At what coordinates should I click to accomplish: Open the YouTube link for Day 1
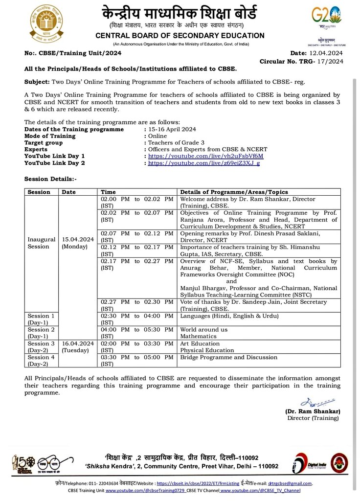pyautogui.click(x=205, y=156)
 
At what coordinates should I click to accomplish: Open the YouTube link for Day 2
pyautogui.click(x=203, y=163)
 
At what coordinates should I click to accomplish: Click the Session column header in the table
pyautogui.click(x=39, y=192)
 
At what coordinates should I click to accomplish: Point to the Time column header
pyautogui.click(x=108, y=192)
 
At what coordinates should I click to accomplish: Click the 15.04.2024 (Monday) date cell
pyautogui.click(x=77, y=243)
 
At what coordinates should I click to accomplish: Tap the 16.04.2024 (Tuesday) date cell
pyautogui.click(x=77, y=347)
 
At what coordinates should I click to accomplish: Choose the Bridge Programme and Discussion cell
pyautogui.click(x=228, y=358)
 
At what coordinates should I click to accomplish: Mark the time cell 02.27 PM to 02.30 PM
pyautogui.click(x=137, y=305)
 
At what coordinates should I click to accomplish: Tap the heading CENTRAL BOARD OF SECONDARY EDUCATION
pyautogui.click(x=180, y=36)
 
